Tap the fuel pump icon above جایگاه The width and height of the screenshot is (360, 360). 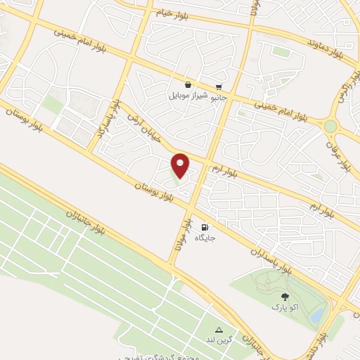coord(205,227)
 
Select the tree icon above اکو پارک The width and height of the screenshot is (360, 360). coord(285,297)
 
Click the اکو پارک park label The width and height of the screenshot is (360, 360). coord(285,308)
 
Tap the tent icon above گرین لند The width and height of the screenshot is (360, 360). coord(219,329)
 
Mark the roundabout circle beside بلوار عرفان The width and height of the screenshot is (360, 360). coord(330,126)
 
